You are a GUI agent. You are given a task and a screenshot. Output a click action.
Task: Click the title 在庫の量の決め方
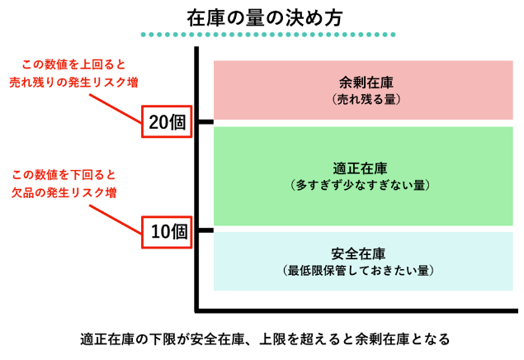coord(262,16)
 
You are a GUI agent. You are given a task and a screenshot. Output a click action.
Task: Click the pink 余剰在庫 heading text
coord(363,83)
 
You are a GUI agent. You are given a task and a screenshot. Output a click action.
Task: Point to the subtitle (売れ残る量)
coord(363,99)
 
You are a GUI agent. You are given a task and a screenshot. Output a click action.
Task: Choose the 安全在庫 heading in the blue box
coord(363,253)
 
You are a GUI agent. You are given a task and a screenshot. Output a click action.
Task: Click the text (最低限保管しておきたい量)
coord(363,270)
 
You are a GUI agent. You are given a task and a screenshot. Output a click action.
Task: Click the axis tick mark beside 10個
coord(205,230)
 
